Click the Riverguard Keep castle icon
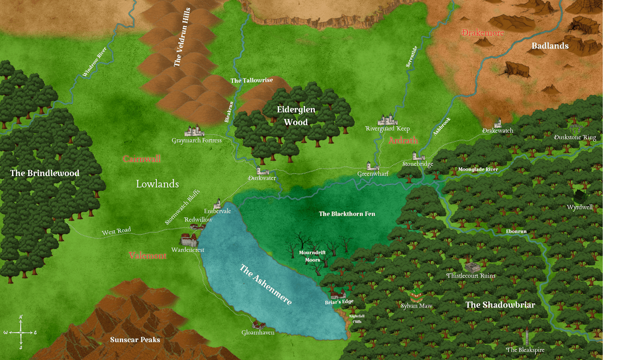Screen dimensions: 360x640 (x=387, y=120)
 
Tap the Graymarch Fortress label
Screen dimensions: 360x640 (x=197, y=141)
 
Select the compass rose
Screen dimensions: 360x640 (x=20, y=332)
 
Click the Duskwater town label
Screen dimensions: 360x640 (x=262, y=178)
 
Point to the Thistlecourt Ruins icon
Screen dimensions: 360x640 (x=473, y=267)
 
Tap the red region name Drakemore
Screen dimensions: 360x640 (x=483, y=33)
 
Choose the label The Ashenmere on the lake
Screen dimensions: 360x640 (x=266, y=285)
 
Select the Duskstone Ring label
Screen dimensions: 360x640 (x=575, y=137)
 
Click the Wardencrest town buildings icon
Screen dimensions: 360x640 (x=189, y=239)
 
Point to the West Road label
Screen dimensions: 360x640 (x=116, y=231)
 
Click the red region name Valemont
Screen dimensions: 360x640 (x=148, y=255)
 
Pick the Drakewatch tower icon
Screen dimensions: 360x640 (x=498, y=123)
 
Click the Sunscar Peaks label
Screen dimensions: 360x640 (x=135, y=340)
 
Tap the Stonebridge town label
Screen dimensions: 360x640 (x=418, y=164)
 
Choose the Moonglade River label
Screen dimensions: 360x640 (x=478, y=169)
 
